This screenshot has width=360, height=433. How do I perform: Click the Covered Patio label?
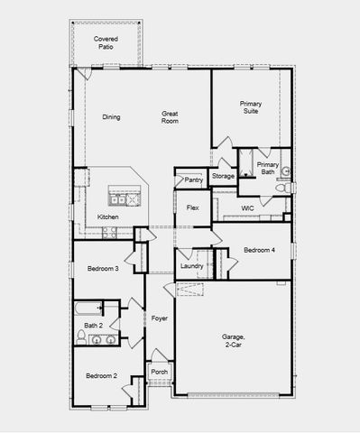106,42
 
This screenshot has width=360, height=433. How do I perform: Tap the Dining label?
111,117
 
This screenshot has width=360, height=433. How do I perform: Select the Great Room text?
170,117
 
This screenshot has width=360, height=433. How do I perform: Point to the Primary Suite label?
251,109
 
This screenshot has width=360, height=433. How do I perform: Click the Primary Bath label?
268,168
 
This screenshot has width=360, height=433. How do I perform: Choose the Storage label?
224,176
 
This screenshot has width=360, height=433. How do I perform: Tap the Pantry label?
193,180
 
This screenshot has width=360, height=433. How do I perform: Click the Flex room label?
192,208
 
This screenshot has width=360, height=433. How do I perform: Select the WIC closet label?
247,208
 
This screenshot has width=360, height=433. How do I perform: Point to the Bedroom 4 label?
260,250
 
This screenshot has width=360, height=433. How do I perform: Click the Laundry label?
191,266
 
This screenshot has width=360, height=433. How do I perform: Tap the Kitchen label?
108,217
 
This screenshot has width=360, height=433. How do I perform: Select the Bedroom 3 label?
103,269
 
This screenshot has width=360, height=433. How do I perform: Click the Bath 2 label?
93,326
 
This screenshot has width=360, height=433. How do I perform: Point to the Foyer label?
159,318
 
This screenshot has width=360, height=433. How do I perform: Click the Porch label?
159,372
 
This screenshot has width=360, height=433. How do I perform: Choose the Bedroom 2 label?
102,375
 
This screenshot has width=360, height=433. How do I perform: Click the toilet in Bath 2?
81,339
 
